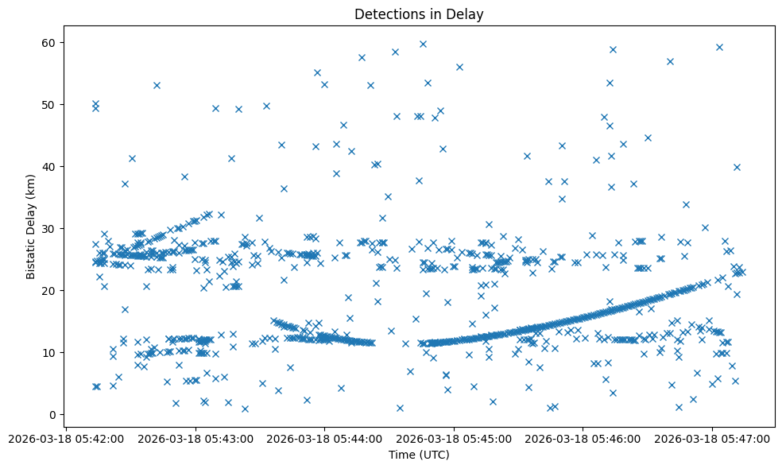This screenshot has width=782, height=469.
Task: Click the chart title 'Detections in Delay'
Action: point(419,14)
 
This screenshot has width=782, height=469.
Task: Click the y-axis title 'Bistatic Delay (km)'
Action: point(31,227)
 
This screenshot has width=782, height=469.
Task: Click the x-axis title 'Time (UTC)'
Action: point(419,455)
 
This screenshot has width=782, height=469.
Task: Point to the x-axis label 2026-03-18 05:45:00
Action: point(454,438)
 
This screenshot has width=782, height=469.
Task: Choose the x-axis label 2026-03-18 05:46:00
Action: point(583,438)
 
